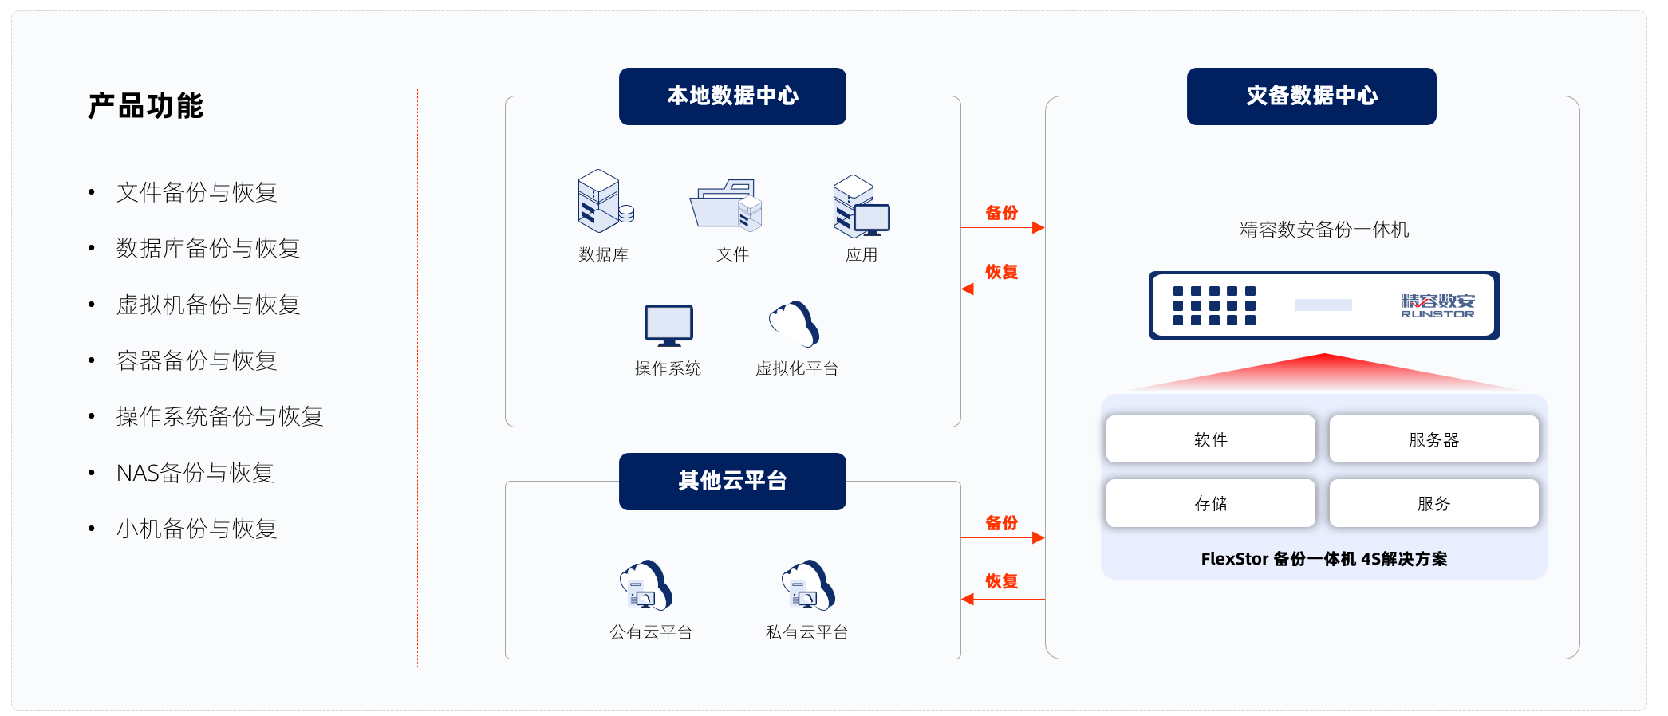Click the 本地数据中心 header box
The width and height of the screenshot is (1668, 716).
732,96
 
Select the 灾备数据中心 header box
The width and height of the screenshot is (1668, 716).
1311,96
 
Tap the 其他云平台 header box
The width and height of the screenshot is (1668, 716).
732,482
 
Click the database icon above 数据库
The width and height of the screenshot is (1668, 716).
605,200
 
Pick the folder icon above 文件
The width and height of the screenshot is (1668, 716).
726,205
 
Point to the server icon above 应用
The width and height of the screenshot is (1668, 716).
860,206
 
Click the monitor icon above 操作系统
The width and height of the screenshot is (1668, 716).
668,325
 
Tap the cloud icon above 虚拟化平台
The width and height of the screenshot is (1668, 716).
795,324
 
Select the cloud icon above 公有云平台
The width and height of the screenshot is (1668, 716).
646,585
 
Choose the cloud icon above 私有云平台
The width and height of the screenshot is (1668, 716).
808,585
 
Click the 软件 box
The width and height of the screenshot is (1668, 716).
1210,439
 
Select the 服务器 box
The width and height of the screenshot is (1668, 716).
1433,439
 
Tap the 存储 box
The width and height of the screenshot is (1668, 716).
1210,503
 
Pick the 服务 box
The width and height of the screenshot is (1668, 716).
1433,503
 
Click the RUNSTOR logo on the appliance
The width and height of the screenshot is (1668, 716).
1437,305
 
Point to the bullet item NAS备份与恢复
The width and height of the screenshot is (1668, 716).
195,473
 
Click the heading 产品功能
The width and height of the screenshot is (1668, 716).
146,106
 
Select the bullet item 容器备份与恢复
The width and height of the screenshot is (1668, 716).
196,360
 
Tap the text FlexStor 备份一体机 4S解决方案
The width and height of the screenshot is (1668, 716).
1323,559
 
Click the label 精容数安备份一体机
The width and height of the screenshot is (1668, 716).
1323,230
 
